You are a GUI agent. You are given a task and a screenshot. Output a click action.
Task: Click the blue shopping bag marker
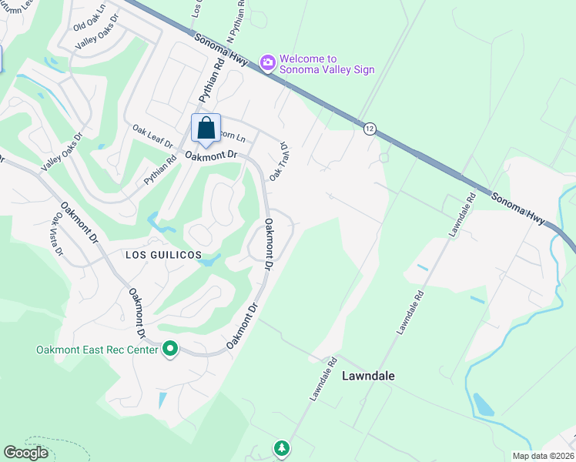tap(206, 129)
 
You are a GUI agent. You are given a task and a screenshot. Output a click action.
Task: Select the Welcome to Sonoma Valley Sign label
tap(327, 64)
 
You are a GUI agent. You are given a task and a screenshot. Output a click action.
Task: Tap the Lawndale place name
tap(368, 376)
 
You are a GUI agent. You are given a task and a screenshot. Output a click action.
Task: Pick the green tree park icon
tap(282, 447)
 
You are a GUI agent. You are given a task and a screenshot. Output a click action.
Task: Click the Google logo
tap(26, 452)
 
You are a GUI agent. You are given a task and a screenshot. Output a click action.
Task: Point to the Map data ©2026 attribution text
tap(544, 456)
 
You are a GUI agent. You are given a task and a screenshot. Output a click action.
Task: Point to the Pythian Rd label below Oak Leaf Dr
tap(160, 172)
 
